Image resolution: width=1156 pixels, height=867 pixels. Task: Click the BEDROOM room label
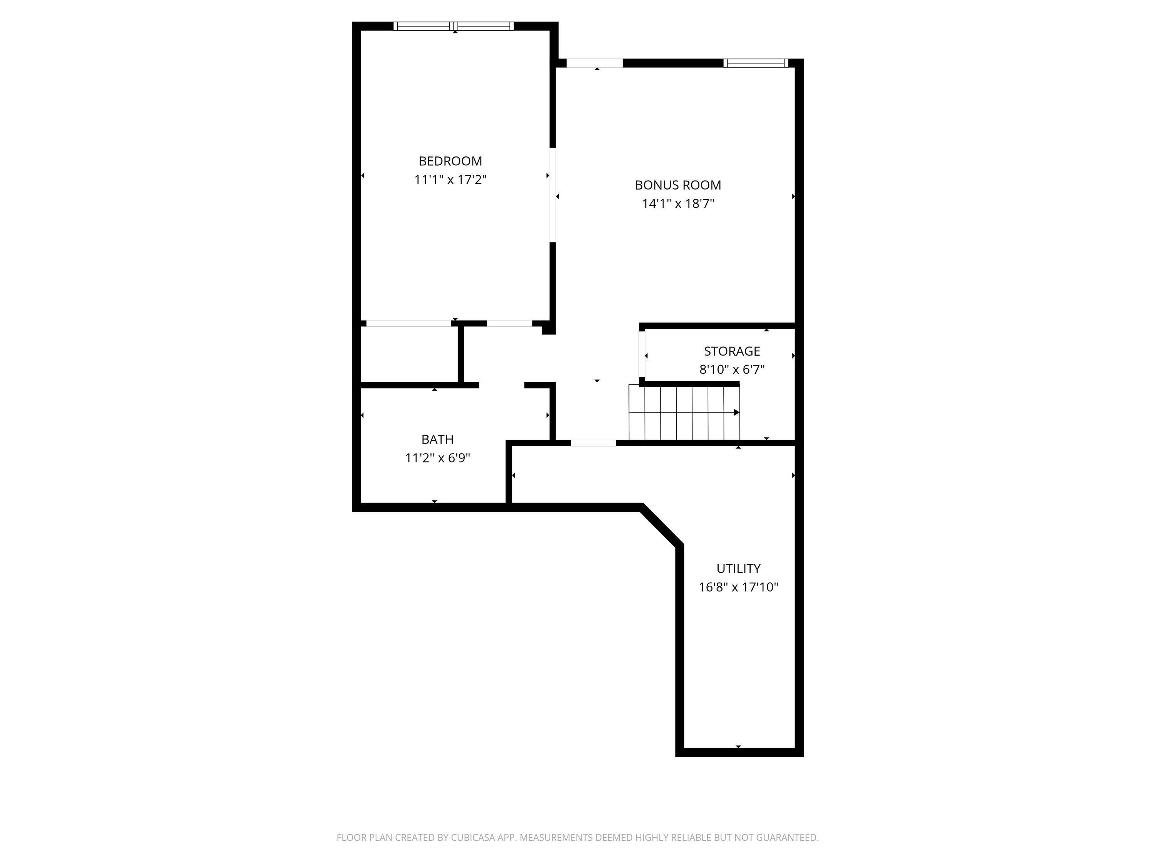pyautogui.click(x=450, y=161)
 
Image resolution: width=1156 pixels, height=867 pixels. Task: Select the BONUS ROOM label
pyautogui.click(x=678, y=185)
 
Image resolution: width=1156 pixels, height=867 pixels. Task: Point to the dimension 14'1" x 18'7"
pyautogui.click(x=678, y=204)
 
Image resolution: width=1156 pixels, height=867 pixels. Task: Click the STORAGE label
pyautogui.click(x=732, y=351)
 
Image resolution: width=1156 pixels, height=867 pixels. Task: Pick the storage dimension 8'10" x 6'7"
pyautogui.click(x=732, y=370)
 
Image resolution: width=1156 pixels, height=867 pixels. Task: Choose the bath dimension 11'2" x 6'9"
pyautogui.click(x=437, y=458)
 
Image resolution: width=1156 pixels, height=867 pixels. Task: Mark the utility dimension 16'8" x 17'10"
pyautogui.click(x=738, y=587)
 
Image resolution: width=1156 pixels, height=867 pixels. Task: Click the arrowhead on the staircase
pyautogui.click(x=737, y=412)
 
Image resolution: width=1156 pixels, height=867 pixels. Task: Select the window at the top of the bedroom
pyautogui.click(x=454, y=26)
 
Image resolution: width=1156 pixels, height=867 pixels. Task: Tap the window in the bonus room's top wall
pyautogui.click(x=756, y=63)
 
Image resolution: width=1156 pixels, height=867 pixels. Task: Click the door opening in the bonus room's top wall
pyautogui.click(x=595, y=63)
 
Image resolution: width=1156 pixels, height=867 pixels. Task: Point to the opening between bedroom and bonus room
pyautogui.click(x=553, y=195)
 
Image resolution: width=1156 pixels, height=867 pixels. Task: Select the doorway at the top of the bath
pyautogui.click(x=502, y=386)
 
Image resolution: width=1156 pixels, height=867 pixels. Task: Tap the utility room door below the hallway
pyautogui.click(x=594, y=443)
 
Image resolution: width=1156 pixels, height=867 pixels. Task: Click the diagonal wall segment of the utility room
pyautogui.click(x=662, y=525)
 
